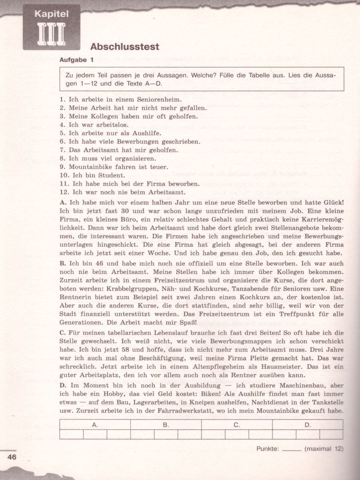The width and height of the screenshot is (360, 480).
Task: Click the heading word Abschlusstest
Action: [x=125, y=47]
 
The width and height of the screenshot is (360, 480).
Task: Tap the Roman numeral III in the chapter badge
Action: [x=52, y=34]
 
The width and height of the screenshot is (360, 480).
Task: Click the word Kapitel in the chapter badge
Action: [x=52, y=14]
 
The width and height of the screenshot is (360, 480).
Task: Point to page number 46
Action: [x=12, y=457]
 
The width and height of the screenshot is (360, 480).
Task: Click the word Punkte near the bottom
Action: [x=267, y=449]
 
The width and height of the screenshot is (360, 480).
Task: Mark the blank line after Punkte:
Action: [x=291, y=450]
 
